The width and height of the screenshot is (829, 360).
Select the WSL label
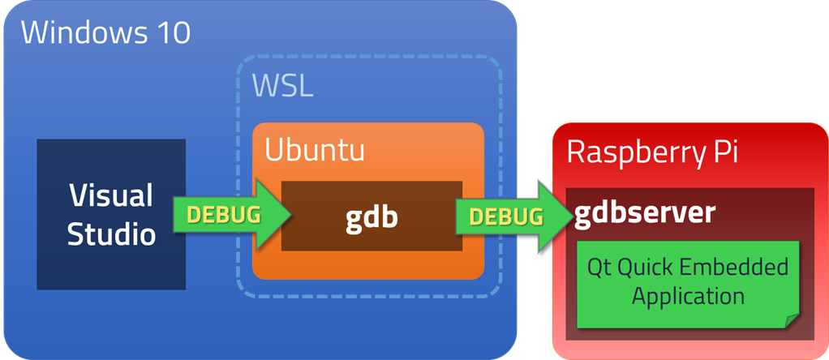point(282,85)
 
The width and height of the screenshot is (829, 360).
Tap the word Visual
point(111,195)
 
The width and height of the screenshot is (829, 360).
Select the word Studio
point(111,234)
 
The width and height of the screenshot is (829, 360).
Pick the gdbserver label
point(646,212)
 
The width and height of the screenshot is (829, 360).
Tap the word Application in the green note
point(688,296)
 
